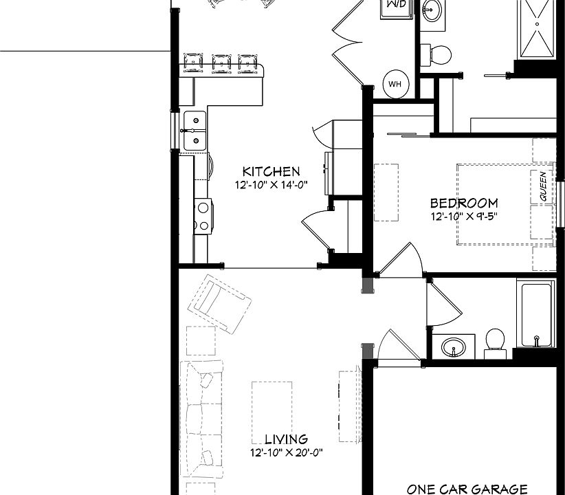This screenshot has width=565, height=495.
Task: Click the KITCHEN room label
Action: [271, 172]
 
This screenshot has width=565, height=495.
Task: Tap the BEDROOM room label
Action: [464, 203]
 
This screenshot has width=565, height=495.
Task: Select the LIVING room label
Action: [286, 439]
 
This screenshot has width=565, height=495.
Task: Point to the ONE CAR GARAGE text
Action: [467, 489]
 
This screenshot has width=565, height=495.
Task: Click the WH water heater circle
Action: [395, 84]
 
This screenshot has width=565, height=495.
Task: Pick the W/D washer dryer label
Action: [395, 4]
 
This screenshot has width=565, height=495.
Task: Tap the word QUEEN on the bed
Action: [543, 186]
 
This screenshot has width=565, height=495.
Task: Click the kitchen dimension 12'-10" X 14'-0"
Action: [271, 185]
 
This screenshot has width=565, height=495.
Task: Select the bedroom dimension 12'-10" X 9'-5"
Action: [463, 215]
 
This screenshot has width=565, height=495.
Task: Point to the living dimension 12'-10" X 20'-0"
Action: [286, 452]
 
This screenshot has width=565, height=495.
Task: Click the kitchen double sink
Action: [195, 130]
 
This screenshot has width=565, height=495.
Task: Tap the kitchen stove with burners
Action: [203, 214]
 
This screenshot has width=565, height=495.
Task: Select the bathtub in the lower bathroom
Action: [537, 316]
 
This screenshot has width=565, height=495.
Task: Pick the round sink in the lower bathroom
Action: [453, 346]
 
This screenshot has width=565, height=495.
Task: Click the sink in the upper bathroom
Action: [433, 11]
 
